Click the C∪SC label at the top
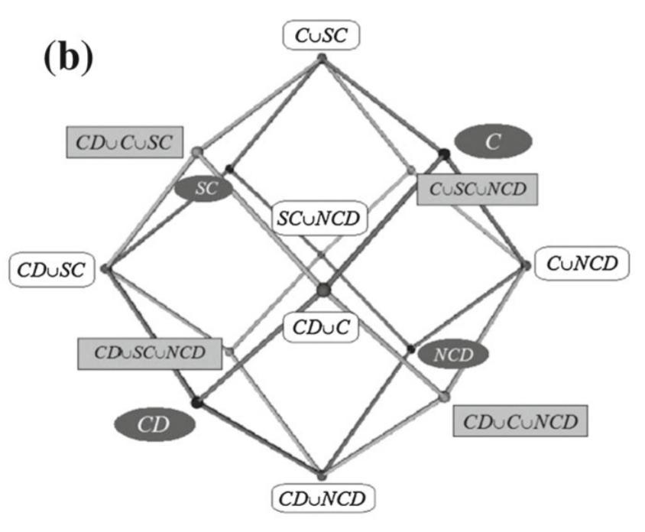(322, 34)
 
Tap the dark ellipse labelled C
(492, 141)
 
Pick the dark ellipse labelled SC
(203, 189)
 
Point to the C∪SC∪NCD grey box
(478, 187)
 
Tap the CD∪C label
(321, 327)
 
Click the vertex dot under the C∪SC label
(322, 57)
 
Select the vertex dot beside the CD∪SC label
(105, 268)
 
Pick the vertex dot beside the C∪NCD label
(527, 265)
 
